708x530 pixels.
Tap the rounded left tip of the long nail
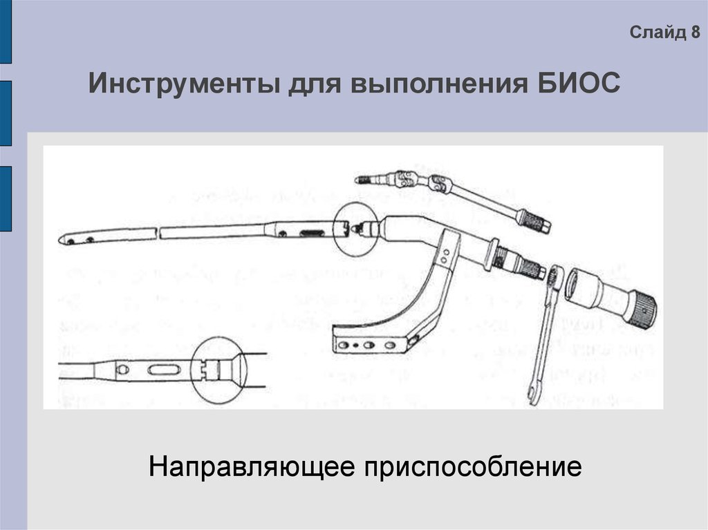[63, 240]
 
